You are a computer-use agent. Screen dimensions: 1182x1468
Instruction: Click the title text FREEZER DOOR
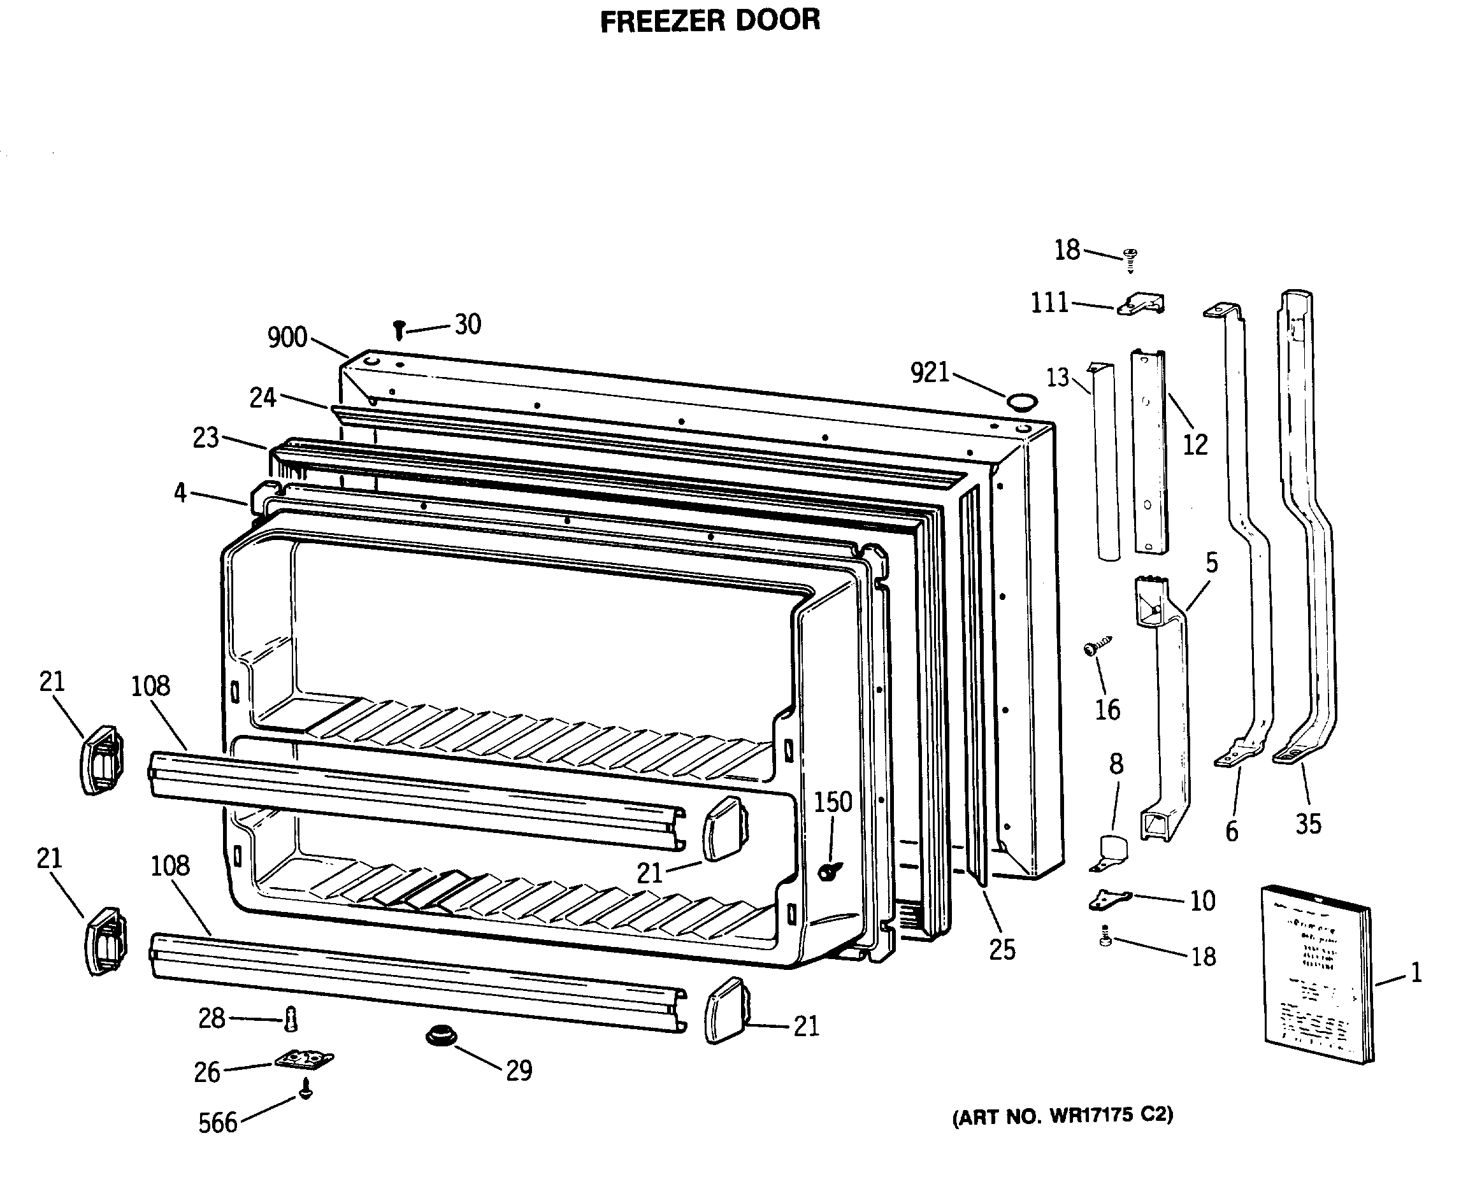tap(709, 20)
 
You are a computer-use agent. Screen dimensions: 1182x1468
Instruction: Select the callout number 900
tap(287, 338)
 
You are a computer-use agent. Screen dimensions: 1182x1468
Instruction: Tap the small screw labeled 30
tap(399, 331)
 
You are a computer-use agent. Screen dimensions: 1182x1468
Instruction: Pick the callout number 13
tap(1057, 377)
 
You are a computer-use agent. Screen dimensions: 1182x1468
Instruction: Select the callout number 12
tap(1195, 445)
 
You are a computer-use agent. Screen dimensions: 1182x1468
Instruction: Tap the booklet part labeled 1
tap(1316, 974)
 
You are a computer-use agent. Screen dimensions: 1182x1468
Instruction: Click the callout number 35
tap(1308, 825)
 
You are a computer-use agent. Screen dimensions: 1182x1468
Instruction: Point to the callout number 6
tap(1232, 832)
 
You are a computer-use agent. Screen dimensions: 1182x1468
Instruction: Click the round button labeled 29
tap(442, 1037)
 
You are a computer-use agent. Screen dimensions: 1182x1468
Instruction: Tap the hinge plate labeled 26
tap(305, 1060)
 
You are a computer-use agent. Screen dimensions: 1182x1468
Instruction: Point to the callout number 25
tap(1002, 950)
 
